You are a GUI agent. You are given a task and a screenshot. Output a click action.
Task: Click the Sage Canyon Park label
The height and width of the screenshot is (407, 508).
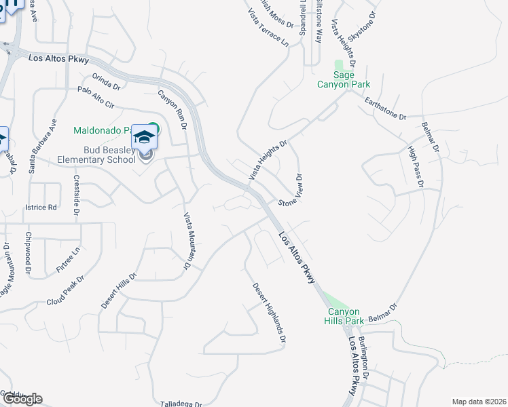344,79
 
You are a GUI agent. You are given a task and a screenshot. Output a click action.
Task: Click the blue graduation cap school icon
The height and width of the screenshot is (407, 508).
144,137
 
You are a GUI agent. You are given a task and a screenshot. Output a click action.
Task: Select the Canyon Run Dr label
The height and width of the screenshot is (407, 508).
173,109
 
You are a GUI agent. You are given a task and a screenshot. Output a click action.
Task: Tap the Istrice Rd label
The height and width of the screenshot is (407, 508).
41,207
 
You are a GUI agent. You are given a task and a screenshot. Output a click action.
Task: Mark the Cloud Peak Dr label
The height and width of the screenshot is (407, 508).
66,290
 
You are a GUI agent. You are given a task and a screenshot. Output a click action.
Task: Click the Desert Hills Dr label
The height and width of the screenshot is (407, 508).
119,291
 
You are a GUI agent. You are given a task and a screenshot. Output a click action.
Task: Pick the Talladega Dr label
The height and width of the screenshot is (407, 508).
181,404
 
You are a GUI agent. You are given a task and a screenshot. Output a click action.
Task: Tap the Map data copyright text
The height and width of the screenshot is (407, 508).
478,402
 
